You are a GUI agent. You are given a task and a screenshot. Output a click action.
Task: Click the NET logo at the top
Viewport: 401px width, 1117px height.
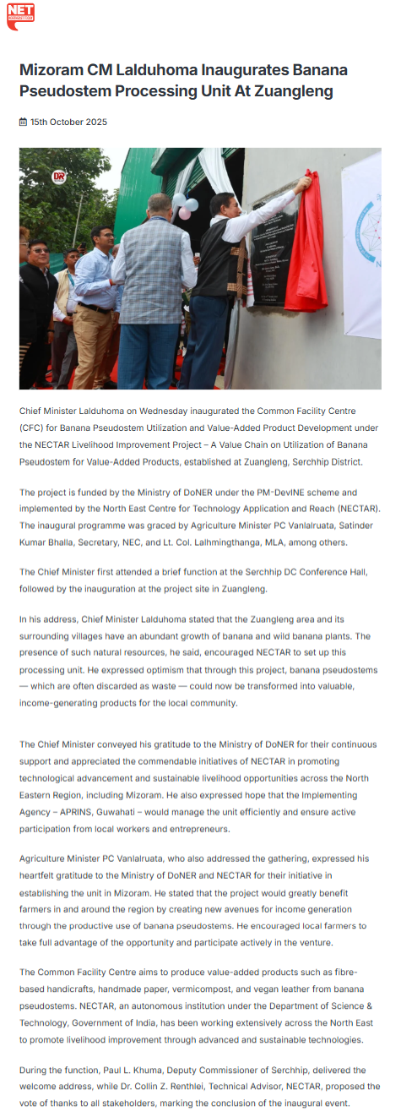click(x=20, y=15)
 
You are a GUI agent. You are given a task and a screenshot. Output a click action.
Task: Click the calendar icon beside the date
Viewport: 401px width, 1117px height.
click(x=23, y=123)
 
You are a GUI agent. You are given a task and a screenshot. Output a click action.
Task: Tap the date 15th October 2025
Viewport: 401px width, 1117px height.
click(x=68, y=123)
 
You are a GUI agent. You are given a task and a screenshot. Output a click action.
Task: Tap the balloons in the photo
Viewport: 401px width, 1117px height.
click(x=185, y=205)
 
